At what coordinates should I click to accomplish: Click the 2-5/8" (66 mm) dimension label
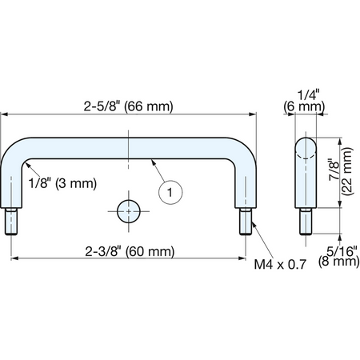click(128, 106)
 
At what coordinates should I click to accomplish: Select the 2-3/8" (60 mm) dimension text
click(130, 251)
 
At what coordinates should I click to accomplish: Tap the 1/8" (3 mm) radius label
click(62, 183)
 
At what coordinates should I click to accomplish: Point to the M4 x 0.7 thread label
click(280, 265)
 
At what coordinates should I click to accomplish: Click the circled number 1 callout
click(170, 192)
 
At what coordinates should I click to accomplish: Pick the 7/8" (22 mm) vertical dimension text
click(342, 172)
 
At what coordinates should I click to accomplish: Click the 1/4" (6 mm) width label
click(304, 102)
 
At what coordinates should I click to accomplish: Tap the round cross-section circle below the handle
click(129, 211)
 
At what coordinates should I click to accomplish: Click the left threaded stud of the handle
click(11, 222)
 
